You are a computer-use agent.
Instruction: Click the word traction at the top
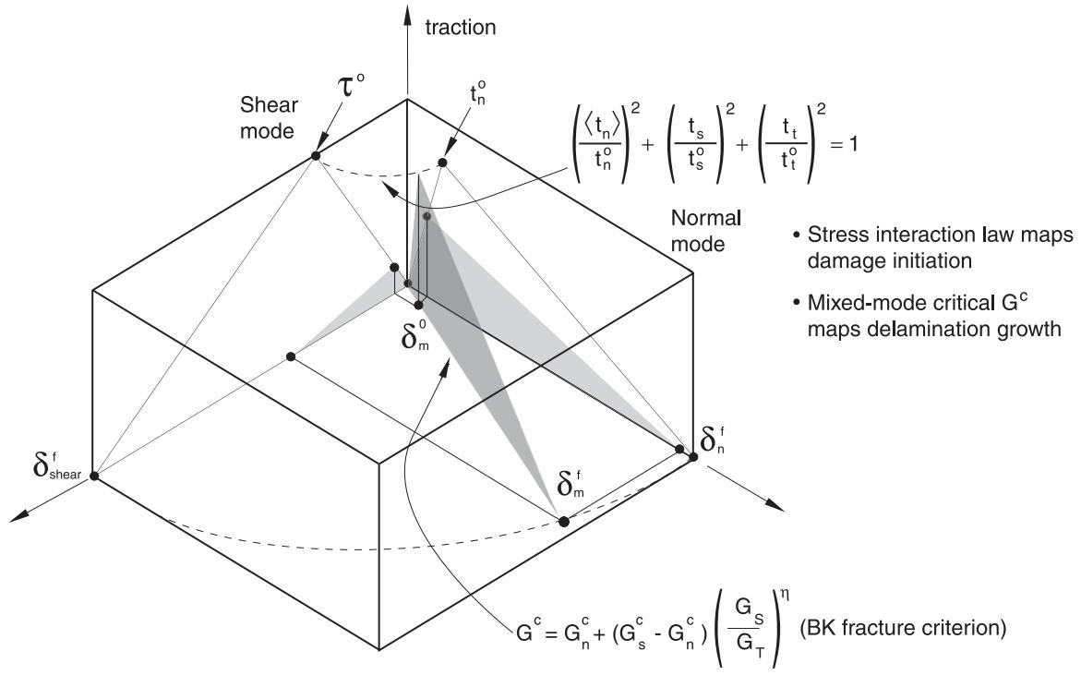[x=461, y=28]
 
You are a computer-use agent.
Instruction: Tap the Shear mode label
[x=269, y=118]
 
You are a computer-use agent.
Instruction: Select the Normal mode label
[x=705, y=231]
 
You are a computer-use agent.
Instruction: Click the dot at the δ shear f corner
[x=94, y=476]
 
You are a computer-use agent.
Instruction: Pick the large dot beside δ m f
[x=563, y=521]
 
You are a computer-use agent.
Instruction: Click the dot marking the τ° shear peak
[x=316, y=156]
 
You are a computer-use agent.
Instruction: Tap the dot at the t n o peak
[x=442, y=163]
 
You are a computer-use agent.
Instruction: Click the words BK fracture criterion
[x=903, y=628]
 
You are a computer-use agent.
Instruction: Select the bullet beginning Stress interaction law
[x=932, y=247]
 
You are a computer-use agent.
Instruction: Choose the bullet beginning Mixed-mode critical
[x=926, y=315]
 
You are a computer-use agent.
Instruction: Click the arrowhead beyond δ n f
[x=776, y=507]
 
